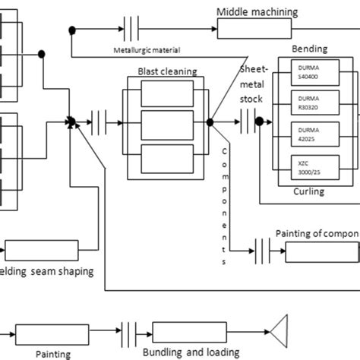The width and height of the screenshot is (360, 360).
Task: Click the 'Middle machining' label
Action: tap(257, 11)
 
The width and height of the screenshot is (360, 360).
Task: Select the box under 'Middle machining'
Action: tap(254, 30)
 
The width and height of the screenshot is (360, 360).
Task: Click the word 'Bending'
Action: tap(309, 49)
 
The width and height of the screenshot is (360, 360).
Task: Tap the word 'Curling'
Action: tap(308, 191)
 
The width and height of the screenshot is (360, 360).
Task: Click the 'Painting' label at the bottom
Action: tap(53, 353)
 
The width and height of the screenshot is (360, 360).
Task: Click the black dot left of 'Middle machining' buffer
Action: tap(72, 30)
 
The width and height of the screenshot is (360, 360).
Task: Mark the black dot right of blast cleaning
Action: tap(210, 122)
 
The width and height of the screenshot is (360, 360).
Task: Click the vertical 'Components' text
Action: tap(225, 204)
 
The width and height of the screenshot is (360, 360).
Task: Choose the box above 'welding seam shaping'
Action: tap(42, 250)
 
